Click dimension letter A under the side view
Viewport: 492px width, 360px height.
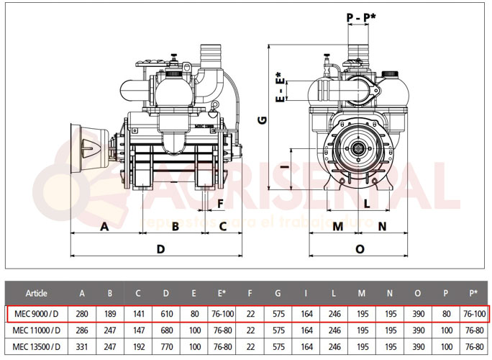coord(104,227)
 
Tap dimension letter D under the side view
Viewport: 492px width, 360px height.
coord(162,248)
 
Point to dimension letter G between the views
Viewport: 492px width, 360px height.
coord(263,120)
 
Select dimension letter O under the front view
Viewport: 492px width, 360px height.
coord(360,248)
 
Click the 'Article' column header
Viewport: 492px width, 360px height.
coord(37,293)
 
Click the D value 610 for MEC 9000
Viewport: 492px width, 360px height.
coord(167,315)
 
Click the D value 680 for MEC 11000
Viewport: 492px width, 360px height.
coord(167,330)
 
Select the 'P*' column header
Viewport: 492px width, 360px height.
coord(473,293)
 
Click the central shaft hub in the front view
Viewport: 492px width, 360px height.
coord(359,151)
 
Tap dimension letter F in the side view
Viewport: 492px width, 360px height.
coord(220,204)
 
